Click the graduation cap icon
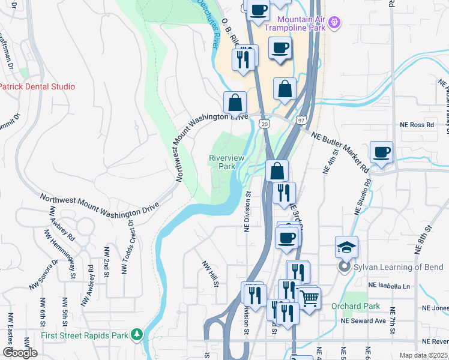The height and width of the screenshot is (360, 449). point(346,247)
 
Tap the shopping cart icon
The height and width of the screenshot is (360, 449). point(309,298)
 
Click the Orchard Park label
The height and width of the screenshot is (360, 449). point(356,306)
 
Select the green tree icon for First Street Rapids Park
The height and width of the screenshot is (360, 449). point(137,334)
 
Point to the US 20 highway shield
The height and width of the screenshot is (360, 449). point(264,123)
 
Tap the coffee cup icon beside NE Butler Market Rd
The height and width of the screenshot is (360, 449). point(381,152)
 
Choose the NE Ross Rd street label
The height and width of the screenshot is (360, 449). point(417,125)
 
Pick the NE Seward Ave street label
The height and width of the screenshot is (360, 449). point(363,320)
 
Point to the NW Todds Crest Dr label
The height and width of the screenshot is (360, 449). point(128,247)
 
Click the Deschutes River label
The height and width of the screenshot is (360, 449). point(209,24)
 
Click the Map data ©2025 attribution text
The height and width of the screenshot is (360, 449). point(423,355)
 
